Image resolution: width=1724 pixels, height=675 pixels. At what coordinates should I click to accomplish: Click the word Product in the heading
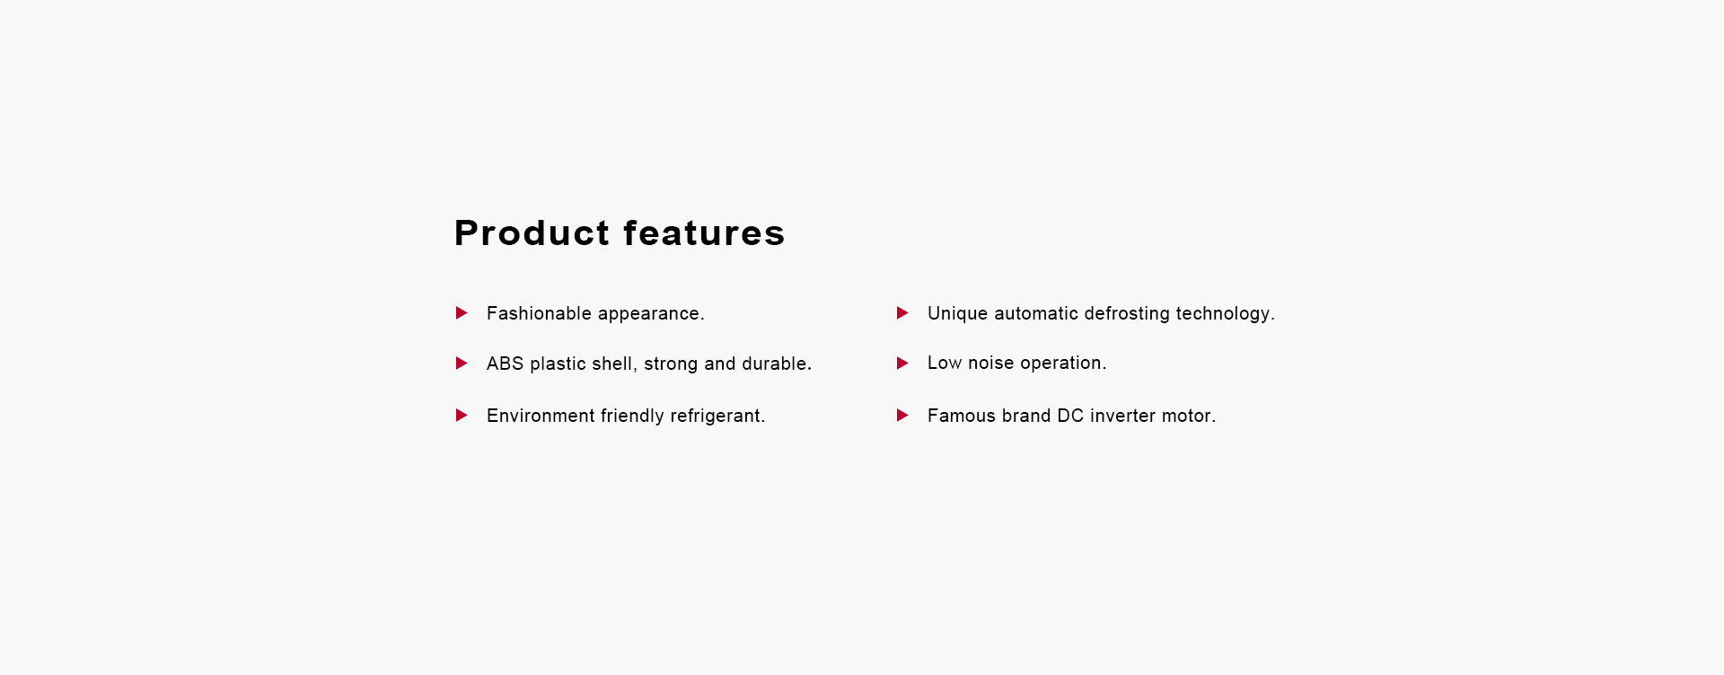coord(532,233)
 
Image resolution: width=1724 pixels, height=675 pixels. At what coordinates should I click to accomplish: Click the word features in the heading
coord(704,233)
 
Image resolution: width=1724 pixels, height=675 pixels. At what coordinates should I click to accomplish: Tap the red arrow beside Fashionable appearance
coord(462,313)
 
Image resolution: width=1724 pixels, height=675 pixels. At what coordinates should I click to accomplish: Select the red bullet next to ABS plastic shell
coord(462,364)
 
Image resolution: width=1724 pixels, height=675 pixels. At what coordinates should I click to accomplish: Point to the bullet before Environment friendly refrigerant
coord(462,416)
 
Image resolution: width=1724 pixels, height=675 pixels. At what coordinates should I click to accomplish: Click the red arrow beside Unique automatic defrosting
coord(902,313)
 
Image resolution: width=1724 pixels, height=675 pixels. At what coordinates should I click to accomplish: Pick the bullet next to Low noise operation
coord(902,364)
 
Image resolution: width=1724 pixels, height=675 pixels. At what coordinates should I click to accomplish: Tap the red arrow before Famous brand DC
coord(902,416)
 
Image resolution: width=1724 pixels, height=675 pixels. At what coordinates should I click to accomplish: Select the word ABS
coord(505,364)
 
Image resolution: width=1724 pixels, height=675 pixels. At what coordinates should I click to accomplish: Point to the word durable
coord(777,364)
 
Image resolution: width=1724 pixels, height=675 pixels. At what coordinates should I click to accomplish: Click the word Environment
coord(541,416)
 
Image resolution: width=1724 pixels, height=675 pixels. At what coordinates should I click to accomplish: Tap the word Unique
coord(957,313)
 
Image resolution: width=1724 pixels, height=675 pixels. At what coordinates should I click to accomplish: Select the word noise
coord(991,363)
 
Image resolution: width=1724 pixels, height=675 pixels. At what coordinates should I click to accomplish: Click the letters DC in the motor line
coord(1070,416)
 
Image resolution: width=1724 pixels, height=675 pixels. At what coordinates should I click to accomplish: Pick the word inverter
coord(1122,416)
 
